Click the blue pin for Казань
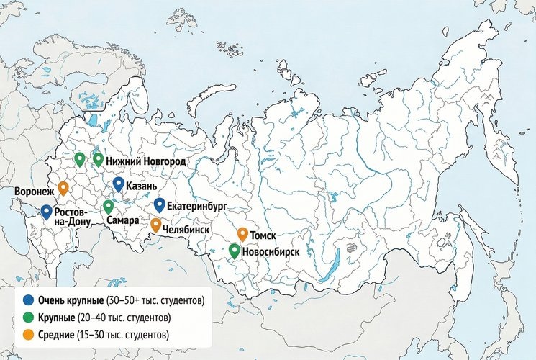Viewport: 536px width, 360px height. (119, 184)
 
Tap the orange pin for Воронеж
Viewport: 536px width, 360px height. (63, 188)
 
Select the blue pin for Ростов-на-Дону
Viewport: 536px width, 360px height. (46, 211)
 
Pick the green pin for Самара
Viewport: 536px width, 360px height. (108, 207)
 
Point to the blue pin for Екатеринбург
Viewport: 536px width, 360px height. (160, 205)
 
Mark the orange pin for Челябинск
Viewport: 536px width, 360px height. (155, 225)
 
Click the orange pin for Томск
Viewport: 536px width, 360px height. (243, 233)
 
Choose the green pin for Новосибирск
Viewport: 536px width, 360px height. (235, 251)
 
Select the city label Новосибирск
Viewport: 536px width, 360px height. (271, 253)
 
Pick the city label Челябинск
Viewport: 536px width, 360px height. (190, 228)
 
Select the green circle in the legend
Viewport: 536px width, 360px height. (28, 318)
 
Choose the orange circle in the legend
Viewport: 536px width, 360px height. (28, 335)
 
